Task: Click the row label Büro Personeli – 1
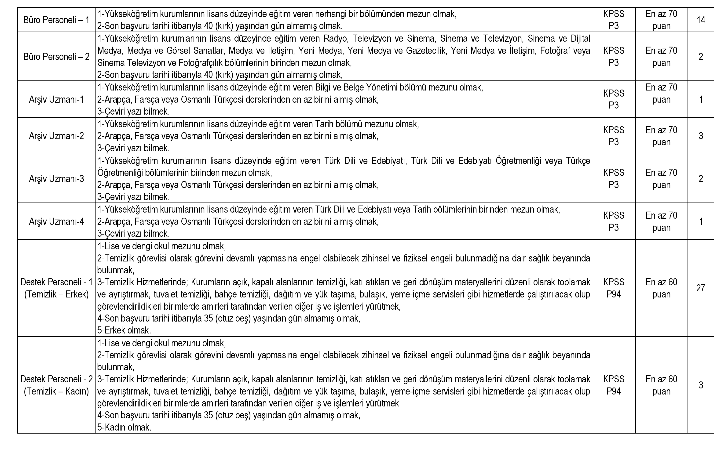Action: point(56,20)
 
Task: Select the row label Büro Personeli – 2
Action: point(56,56)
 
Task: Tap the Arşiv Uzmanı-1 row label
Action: point(56,99)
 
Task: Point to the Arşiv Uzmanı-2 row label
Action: point(56,136)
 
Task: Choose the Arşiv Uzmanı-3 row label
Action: point(56,178)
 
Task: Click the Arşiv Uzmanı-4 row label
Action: point(56,221)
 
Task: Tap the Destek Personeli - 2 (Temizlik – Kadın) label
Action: point(56,385)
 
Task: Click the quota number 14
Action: point(701,20)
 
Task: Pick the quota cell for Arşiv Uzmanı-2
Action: point(701,136)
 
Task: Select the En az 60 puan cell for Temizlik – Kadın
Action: point(661,385)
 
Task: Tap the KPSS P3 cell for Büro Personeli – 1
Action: point(614,20)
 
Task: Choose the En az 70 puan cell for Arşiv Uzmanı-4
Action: point(661,221)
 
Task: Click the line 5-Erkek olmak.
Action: point(124,330)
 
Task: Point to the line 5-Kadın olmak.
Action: point(124,427)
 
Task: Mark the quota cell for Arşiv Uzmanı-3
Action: point(701,178)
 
